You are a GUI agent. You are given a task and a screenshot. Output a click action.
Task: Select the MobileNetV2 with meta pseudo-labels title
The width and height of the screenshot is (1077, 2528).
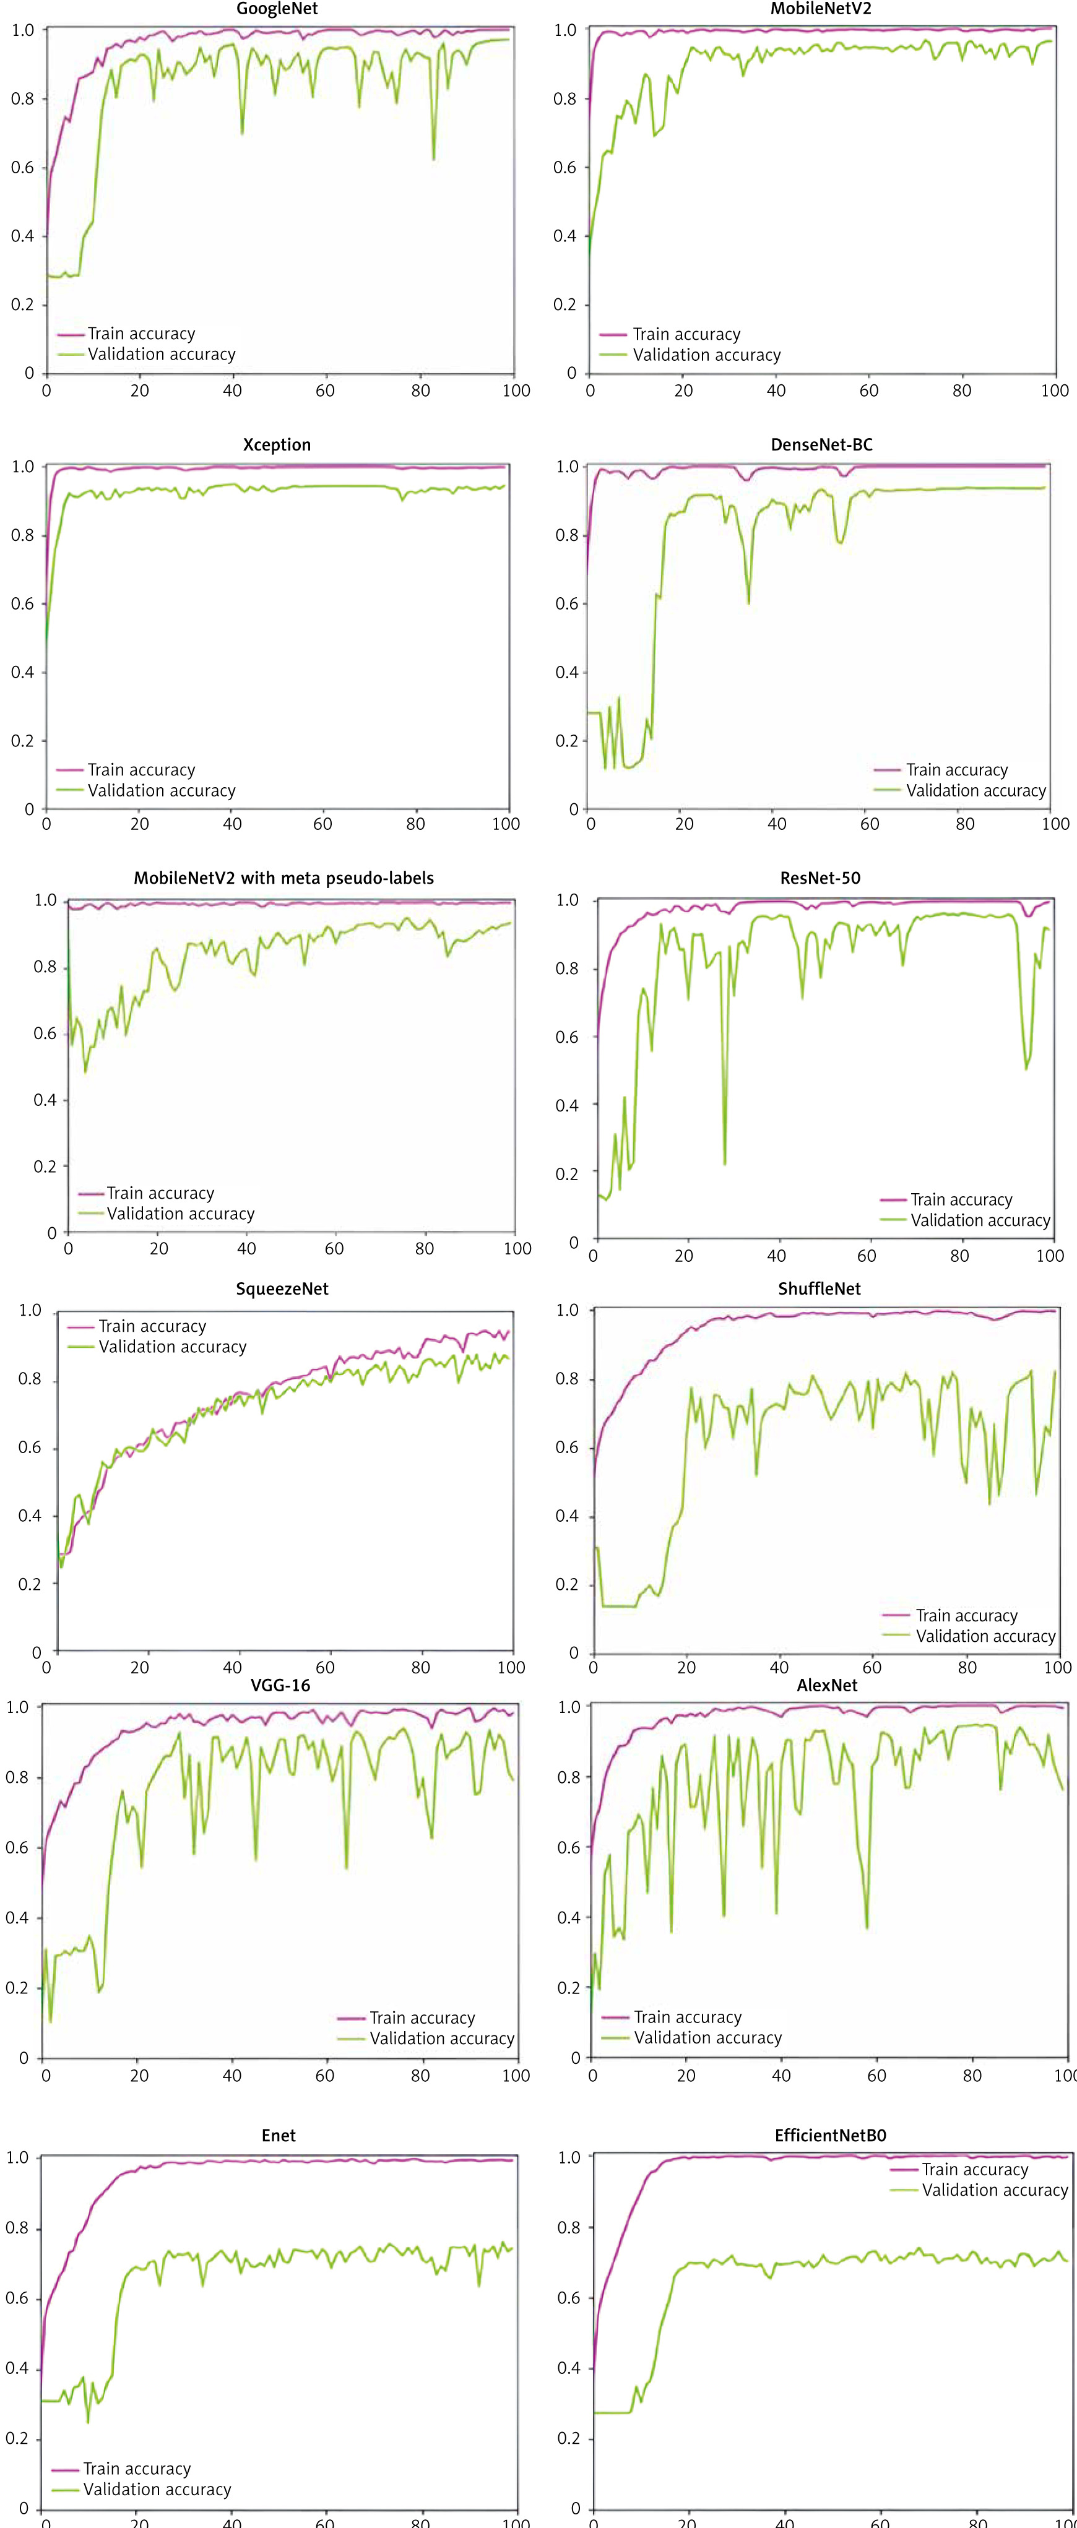coord(283,878)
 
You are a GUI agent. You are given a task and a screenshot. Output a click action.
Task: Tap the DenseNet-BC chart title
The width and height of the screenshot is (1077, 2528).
coord(821,444)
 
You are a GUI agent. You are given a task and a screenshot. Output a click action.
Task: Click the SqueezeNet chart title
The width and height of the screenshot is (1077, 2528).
coord(282,1288)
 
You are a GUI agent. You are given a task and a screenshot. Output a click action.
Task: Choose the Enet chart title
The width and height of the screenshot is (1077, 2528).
coord(278,2134)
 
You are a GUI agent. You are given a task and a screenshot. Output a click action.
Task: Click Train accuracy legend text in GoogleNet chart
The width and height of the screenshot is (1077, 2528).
coord(141,334)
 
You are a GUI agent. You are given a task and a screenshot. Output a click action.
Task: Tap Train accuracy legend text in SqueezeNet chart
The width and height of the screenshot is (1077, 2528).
coord(152,1326)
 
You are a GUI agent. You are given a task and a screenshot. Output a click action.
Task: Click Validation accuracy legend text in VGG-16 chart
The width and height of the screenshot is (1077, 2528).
coord(442,2038)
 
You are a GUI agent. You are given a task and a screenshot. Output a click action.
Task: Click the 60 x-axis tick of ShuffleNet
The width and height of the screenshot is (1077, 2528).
coord(871,1667)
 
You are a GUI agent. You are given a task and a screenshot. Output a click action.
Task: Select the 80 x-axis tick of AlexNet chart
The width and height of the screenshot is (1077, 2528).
coord(971,2076)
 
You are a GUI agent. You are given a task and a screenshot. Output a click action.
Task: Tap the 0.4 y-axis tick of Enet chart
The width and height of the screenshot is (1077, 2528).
coord(18,2368)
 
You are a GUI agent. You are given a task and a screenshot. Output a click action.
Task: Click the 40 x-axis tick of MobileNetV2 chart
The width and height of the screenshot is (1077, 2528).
coord(776,390)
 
